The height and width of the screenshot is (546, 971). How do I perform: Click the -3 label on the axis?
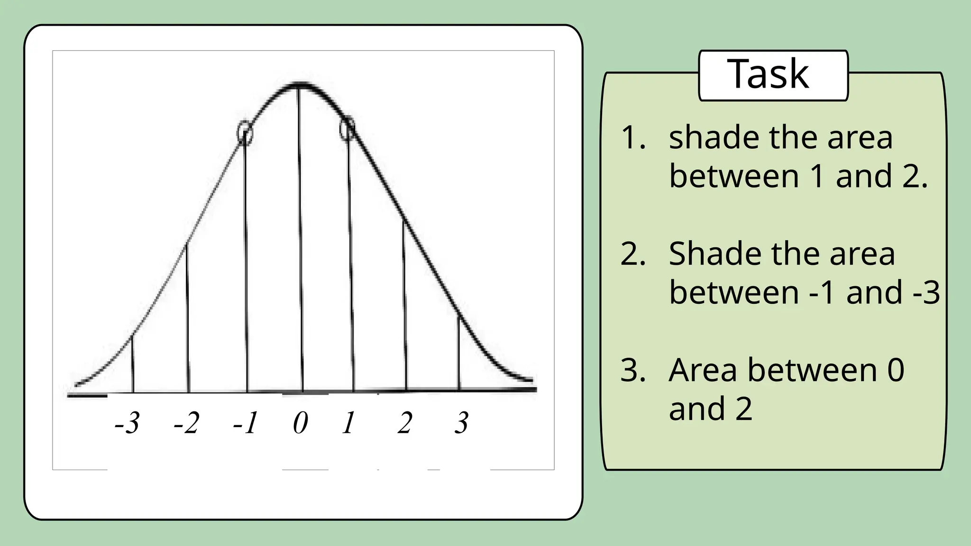click(x=127, y=423)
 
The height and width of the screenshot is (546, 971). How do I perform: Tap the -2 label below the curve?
click(x=186, y=423)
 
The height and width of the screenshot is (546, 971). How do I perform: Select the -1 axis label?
click(x=246, y=423)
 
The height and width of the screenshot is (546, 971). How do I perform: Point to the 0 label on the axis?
click(x=301, y=423)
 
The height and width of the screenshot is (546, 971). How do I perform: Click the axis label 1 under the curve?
click(x=348, y=423)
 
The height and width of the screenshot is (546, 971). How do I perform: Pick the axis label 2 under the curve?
click(x=405, y=423)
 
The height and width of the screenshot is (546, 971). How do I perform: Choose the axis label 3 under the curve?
click(x=461, y=423)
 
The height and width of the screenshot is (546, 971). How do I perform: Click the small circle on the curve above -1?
click(x=245, y=133)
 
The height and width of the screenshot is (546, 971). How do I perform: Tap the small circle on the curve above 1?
click(x=348, y=128)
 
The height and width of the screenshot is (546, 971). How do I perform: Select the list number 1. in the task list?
click(x=633, y=138)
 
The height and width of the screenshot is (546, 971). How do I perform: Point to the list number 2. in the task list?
click(x=633, y=254)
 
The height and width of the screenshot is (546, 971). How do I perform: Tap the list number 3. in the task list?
click(x=633, y=370)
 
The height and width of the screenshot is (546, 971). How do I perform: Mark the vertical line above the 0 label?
click(x=300, y=237)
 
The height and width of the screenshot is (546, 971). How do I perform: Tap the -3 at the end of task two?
click(x=926, y=292)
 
